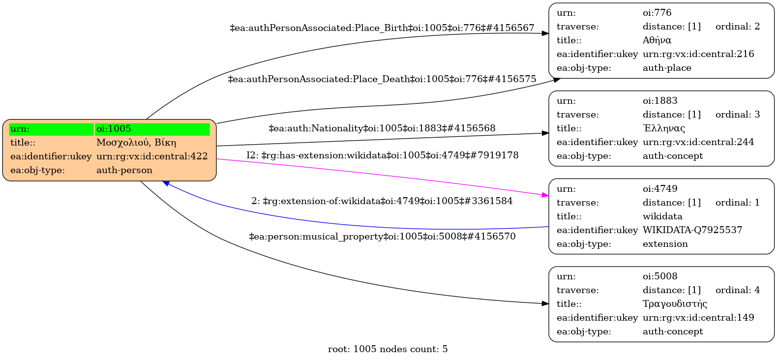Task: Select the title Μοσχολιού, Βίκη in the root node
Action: point(136,143)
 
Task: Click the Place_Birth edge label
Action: point(382,28)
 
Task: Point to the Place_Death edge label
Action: point(382,79)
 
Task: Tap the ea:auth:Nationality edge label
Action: point(382,128)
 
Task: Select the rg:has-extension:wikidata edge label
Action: point(382,155)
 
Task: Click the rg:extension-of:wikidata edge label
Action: point(382,201)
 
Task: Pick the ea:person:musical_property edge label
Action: point(382,237)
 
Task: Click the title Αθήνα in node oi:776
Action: point(657,40)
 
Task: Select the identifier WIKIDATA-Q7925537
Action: point(692,230)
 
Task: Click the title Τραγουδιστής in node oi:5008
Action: point(675,304)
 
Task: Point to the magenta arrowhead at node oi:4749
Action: point(545,195)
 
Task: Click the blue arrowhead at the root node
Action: point(167,183)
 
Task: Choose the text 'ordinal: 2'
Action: point(737,27)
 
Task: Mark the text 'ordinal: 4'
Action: point(737,290)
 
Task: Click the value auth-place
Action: point(666,68)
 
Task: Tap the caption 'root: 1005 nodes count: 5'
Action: point(388,349)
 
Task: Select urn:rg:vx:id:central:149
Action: point(698,318)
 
